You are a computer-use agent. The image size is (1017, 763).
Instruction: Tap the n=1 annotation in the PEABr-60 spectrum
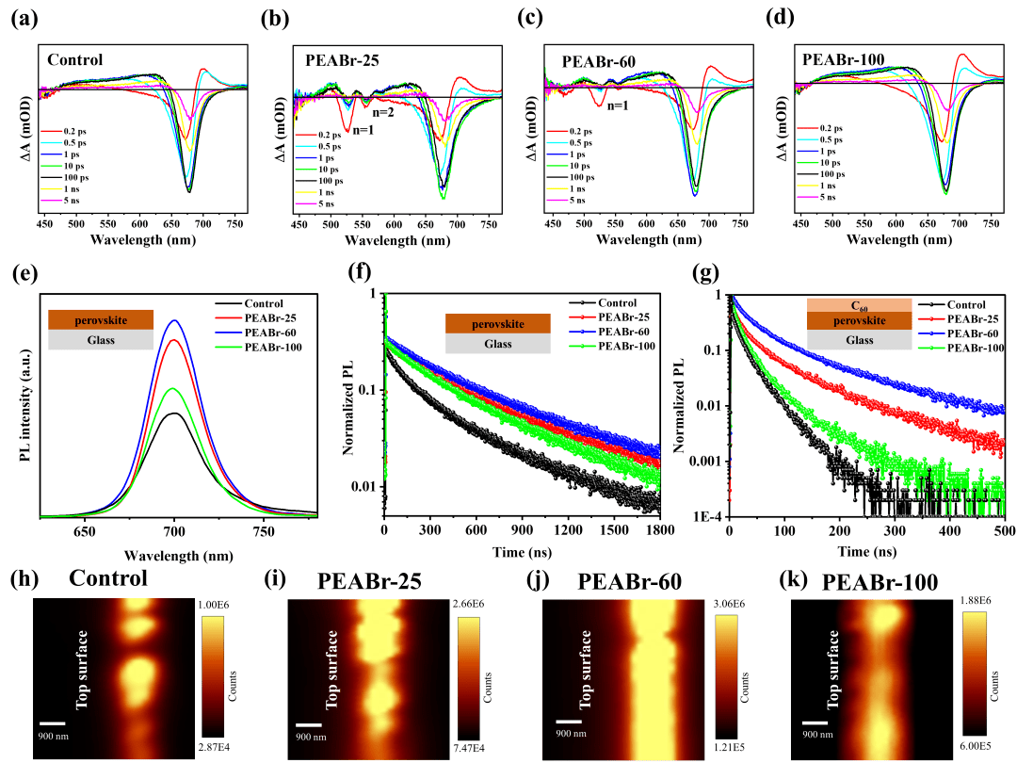[619, 106]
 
